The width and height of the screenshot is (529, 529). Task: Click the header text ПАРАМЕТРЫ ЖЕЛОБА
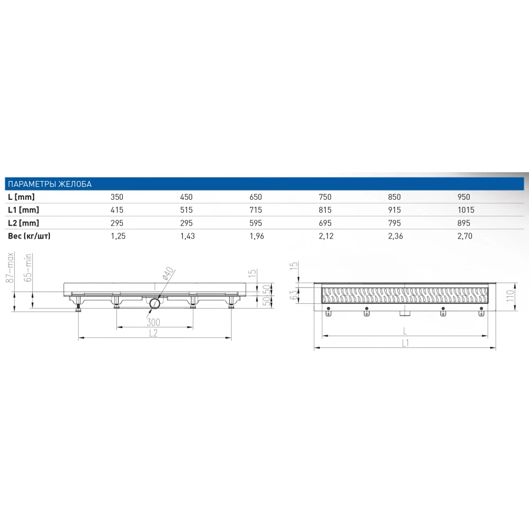coord(49,184)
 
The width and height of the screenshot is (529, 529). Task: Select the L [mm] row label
coord(21,197)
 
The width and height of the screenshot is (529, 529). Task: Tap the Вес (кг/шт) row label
coord(29,236)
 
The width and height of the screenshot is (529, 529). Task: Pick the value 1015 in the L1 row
coord(466,210)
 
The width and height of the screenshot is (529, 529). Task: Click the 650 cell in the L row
coord(256,197)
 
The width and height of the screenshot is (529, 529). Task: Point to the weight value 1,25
coord(118,236)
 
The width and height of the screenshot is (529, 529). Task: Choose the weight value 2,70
coord(465,236)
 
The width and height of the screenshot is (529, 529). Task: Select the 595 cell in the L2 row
coord(256,223)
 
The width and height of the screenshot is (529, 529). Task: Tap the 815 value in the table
coord(325,210)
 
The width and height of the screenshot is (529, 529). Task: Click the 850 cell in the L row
coord(394,197)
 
